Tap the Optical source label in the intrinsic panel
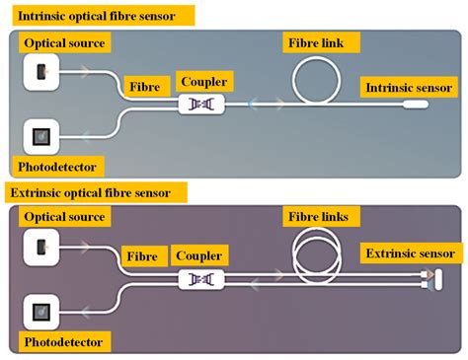[x=65, y=43]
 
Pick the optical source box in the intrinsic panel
[x=40, y=71]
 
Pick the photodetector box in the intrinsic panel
[x=40, y=136]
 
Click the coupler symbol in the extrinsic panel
[x=200, y=280]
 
